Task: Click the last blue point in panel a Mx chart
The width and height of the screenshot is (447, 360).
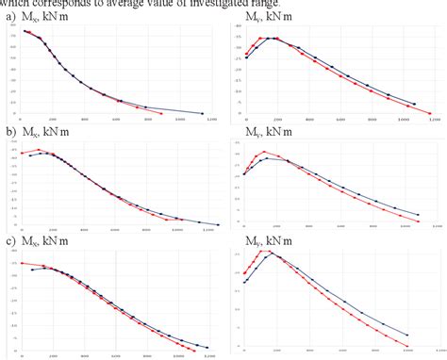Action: pyautogui.click(x=204, y=113)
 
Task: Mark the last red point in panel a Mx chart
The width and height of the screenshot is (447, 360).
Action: pyautogui.click(x=161, y=113)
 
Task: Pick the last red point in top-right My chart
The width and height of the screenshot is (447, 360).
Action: pyautogui.click(x=430, y=113)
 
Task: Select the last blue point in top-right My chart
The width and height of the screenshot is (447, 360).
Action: pyautogui.click(x=414, y=104)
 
